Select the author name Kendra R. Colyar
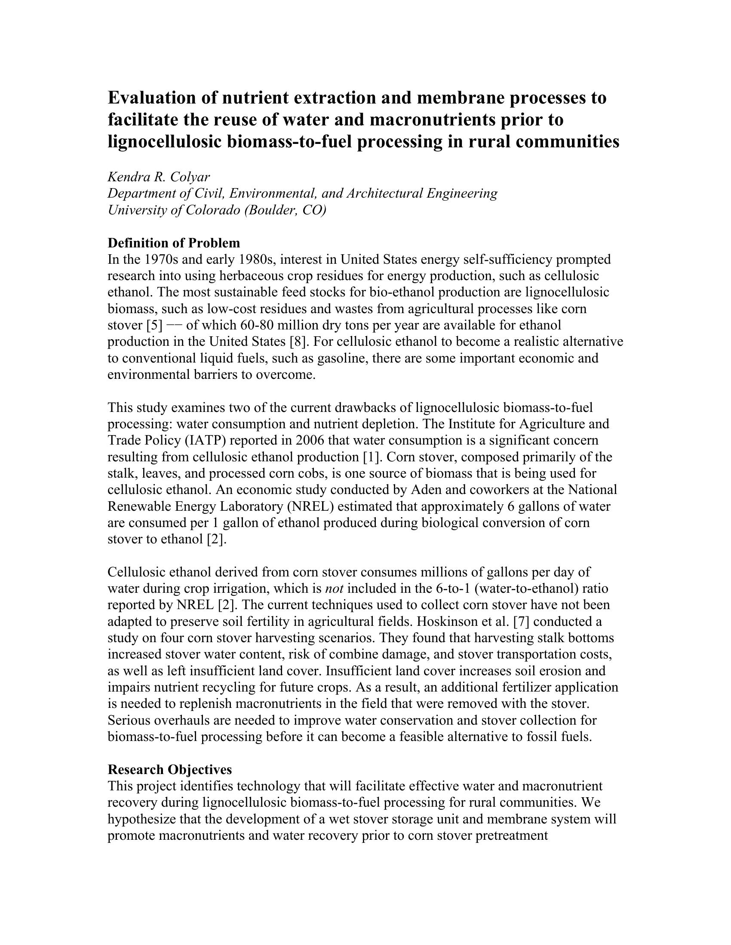coord(159,177)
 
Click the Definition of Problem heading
coord(174,243)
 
